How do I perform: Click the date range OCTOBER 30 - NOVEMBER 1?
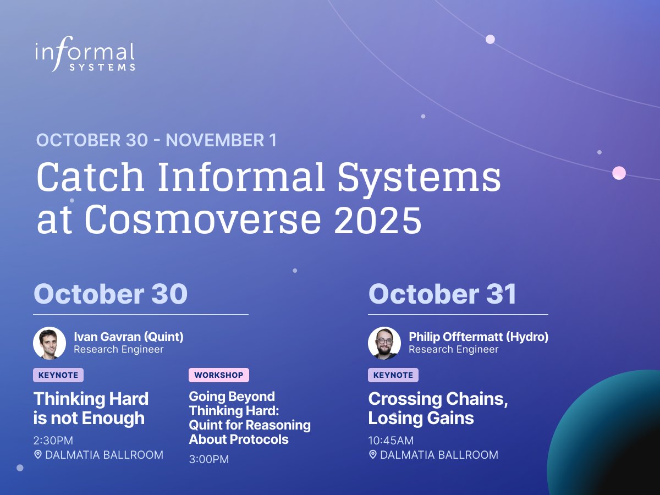[x=157, y=140]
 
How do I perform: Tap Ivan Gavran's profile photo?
[x=50, y=343]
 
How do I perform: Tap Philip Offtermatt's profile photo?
[x=384, y=343]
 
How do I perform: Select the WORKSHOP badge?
[x=218, y=375]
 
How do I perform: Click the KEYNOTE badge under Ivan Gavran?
[x=58, y=375]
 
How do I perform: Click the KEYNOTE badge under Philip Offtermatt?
[x=393, y=375]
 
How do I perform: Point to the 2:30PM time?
[x=53, y=441]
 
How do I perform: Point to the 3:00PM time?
[x=209, y=459]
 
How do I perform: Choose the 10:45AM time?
[x=391, y=441]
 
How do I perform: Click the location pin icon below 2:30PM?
[x=38, y=455]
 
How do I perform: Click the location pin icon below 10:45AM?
[x=373, y=455]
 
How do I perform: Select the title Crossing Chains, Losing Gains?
[x=438, y=408]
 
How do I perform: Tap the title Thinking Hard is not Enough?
[x=91, y=408]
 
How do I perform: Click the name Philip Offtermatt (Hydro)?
[x=479, y=337]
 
